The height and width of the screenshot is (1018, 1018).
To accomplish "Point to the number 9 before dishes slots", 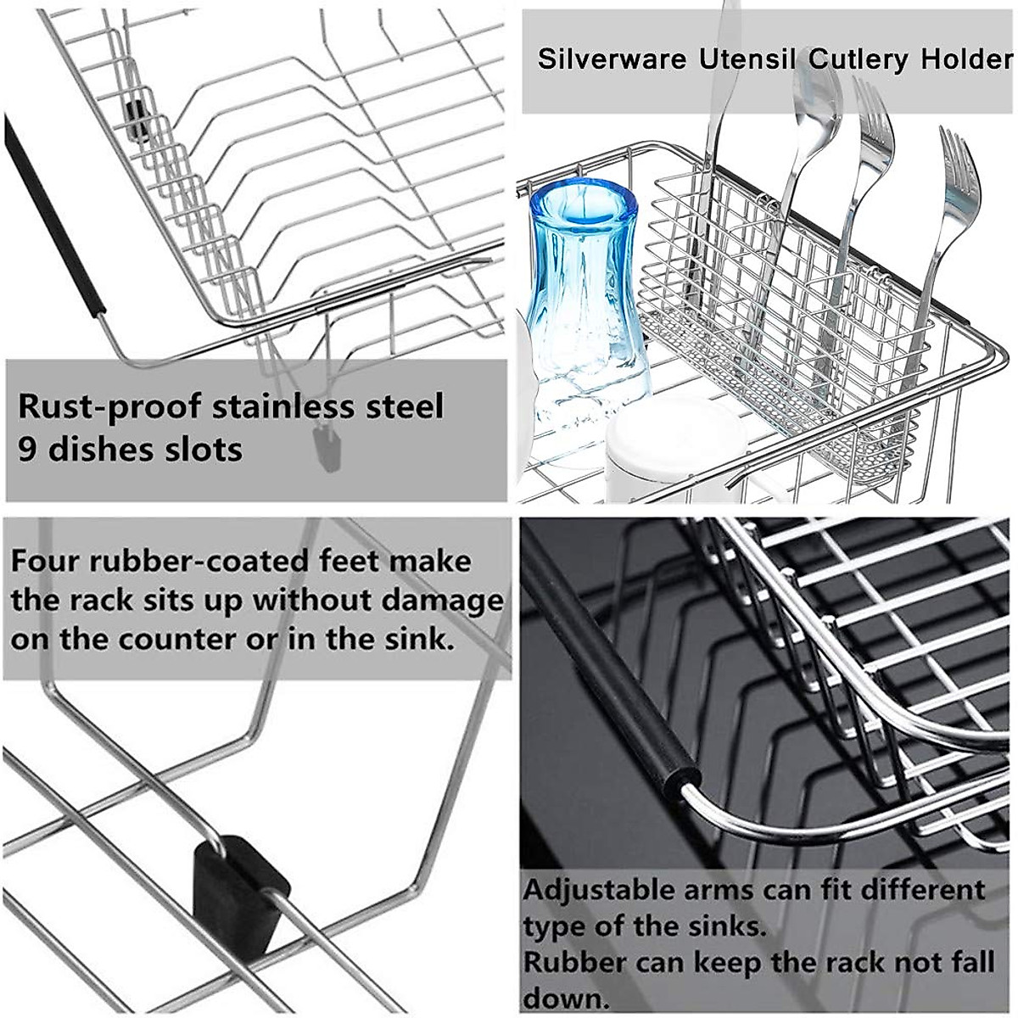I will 28,449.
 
